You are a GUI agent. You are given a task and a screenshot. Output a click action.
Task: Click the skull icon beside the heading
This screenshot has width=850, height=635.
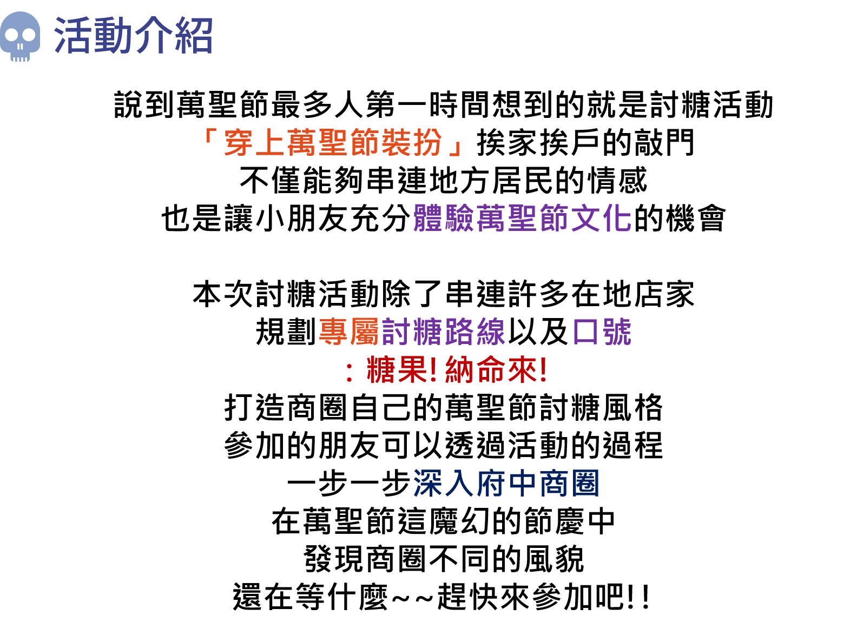[20, 36]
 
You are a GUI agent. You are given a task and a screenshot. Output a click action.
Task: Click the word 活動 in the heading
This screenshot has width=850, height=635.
[93, 36]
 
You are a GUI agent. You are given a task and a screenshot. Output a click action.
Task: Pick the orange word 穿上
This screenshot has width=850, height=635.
[254, 143]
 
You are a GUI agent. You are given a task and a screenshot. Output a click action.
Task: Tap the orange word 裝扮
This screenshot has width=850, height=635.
[412, 143]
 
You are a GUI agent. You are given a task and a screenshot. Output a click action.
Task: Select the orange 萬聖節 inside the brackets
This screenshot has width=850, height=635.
[333, 143]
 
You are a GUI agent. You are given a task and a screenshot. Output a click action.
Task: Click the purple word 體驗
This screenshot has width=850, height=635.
[444, 218]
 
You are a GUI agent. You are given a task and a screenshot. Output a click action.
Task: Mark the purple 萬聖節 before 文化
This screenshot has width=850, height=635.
[522, 218]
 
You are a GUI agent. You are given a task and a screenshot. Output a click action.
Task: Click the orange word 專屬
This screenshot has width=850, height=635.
[349, 332]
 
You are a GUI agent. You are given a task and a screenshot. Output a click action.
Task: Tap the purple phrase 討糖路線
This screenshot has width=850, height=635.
[443, 332]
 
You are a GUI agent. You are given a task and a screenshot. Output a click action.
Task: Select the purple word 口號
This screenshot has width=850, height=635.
[602, 332]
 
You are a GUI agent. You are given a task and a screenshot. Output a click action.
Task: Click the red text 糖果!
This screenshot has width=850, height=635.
[401, 371]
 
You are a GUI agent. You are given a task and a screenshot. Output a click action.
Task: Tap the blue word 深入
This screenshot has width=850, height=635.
[444, 483]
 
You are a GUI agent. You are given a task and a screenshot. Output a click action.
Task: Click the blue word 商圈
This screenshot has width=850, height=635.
[569, 483]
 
